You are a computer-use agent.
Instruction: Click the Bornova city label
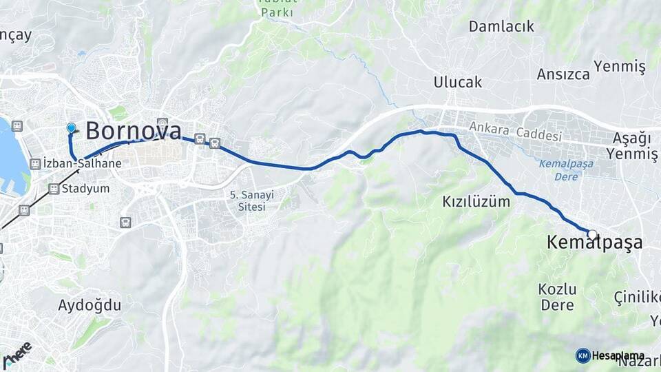click(134, 130)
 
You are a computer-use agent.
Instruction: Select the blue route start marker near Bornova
click(72, 128)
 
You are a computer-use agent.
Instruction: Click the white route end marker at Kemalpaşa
click(592, 234)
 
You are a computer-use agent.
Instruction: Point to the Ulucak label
click(457, 82)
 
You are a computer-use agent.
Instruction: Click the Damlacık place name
click(501, 26)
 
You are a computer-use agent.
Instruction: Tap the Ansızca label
click(563, 74)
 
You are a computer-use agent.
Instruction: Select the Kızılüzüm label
click(476, 202)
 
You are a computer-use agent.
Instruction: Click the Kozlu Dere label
click(558, 296)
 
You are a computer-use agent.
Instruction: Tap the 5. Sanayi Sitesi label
click(251, 200)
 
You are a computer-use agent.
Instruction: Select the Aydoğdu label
click(90, 304)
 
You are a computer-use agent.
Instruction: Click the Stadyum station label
click(85, 188)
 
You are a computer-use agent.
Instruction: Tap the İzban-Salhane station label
click(82, 164)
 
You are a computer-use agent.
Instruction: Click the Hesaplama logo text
click(618, 355)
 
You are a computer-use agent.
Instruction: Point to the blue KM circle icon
click(583, 355)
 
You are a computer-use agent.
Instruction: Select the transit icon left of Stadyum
click(54, 188)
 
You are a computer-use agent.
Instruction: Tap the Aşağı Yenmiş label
click(633, 146)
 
